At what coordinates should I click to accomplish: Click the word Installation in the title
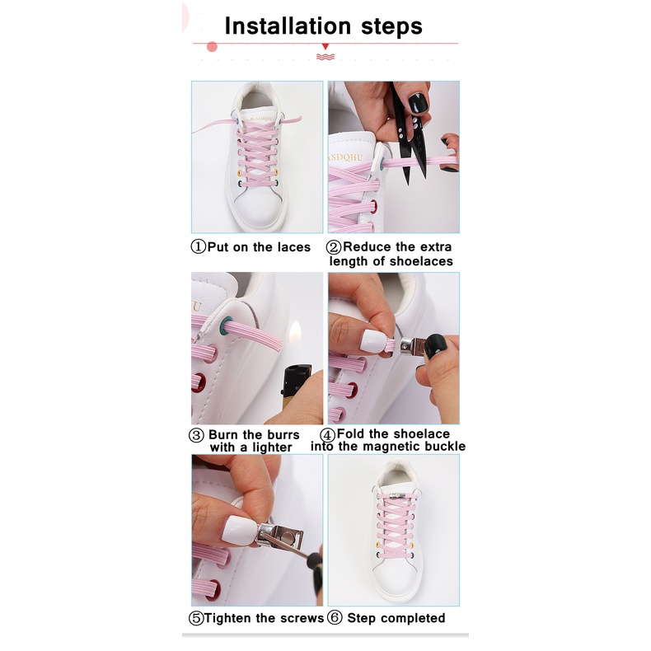288,26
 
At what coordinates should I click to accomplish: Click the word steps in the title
391,27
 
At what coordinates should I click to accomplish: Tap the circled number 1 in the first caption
198,246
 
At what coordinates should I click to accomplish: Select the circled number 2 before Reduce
334,247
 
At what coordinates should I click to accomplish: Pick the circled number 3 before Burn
196,435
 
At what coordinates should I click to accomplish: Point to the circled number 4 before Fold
328,435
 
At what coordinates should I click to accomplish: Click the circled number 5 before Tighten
196,618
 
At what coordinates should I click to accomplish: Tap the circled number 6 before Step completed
335,617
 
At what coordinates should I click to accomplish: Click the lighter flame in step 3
295,335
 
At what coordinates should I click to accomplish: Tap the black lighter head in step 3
297,379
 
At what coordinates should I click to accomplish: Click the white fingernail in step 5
239,529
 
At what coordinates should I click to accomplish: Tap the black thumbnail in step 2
418,103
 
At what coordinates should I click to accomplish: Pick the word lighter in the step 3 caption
272,447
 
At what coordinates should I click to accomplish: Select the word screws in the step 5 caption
302,618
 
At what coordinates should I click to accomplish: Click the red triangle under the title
325,46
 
